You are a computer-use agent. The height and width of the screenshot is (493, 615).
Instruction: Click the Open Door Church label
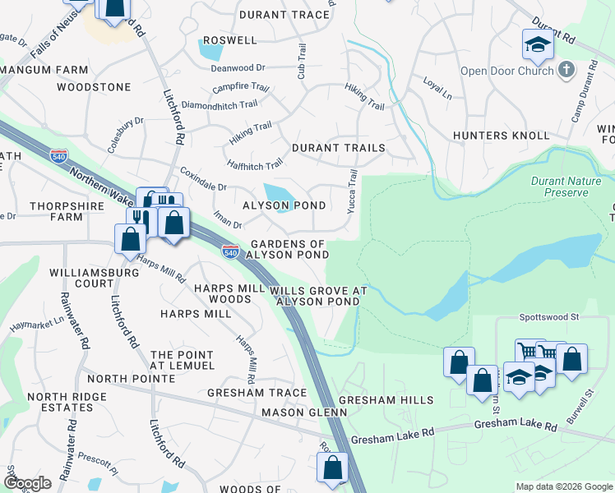[x=506, y=71]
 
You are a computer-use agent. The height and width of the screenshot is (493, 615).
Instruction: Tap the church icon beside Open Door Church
[x=566, y=70]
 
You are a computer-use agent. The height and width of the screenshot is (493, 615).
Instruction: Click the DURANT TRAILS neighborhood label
[x=339, y=148]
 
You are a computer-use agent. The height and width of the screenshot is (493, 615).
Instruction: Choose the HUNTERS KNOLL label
[x=501, y=135]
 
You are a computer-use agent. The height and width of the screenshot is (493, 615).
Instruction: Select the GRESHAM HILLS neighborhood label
[x=386, y=399]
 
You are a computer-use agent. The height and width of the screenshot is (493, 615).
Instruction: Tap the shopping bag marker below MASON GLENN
[x=333, y=468]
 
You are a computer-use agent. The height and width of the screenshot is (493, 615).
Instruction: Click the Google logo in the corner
[x=27, y=482]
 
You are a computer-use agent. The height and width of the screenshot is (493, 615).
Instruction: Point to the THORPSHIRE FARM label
[x=56, y=211]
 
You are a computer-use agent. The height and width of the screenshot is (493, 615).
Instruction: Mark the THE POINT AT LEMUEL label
[x=182, y=359]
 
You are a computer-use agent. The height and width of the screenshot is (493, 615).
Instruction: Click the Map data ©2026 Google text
[x=563, y=486]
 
